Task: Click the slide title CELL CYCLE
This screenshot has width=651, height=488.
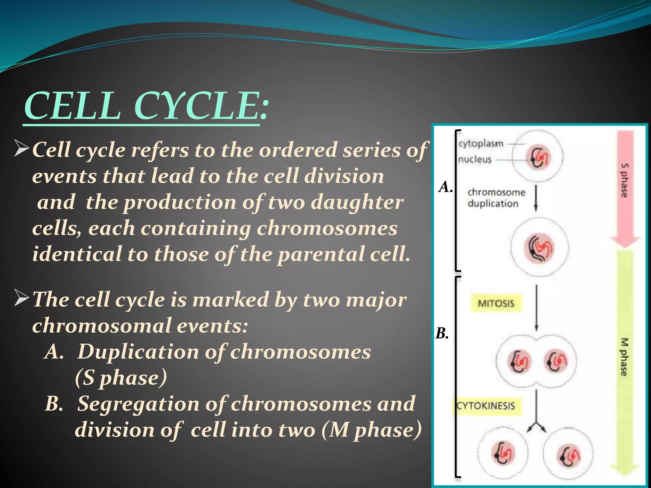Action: pos(146,105)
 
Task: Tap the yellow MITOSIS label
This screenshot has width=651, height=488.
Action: pos(496,303)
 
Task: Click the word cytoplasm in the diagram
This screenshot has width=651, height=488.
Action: pos(481,144)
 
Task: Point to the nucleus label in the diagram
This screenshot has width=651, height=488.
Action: pos(475,159)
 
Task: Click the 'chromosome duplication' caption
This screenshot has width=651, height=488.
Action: pos(496,198)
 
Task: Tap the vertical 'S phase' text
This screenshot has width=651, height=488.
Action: pos(624,180)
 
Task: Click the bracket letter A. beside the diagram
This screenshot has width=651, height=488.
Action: pos(445,187)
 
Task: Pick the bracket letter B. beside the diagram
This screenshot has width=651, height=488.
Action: pos(442,334)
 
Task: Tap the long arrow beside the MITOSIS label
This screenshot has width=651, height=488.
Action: pos(537,308)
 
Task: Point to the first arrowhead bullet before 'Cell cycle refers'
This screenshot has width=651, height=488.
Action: pos(22,149)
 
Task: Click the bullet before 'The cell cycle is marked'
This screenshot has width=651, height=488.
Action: pos(22,299)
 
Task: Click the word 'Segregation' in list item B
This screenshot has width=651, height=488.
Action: pos(139,404)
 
